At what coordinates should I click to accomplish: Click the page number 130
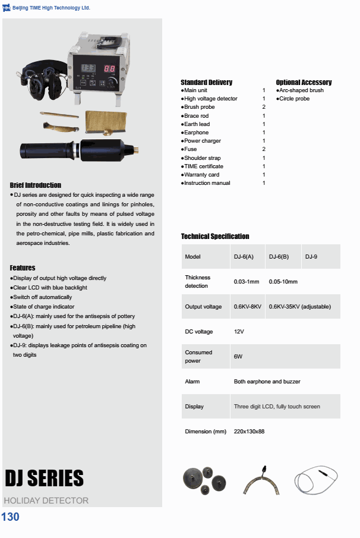tap(11, 517)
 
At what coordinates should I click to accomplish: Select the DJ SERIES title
tap(44, 479)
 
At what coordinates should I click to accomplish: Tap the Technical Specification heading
tap(215, 237)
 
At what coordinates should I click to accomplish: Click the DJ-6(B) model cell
tap(279, 257)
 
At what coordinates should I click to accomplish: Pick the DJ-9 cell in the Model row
tap(311, 257)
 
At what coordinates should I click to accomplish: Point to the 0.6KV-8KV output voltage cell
tap(248, 307)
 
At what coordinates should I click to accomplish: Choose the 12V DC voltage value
tap(239, 332)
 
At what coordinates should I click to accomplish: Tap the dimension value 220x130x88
tap(249, 432)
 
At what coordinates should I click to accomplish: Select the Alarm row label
tap(192, 382)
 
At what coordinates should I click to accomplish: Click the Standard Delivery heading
tap(206, 82)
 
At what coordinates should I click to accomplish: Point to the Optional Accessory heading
tap(304, 82)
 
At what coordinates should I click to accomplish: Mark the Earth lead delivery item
tap(197, 124)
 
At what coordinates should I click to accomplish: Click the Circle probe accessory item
tap(294, 99)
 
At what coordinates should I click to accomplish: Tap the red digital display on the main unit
tap(110, 69)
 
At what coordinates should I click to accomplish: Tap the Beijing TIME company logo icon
tap(7, 8)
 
